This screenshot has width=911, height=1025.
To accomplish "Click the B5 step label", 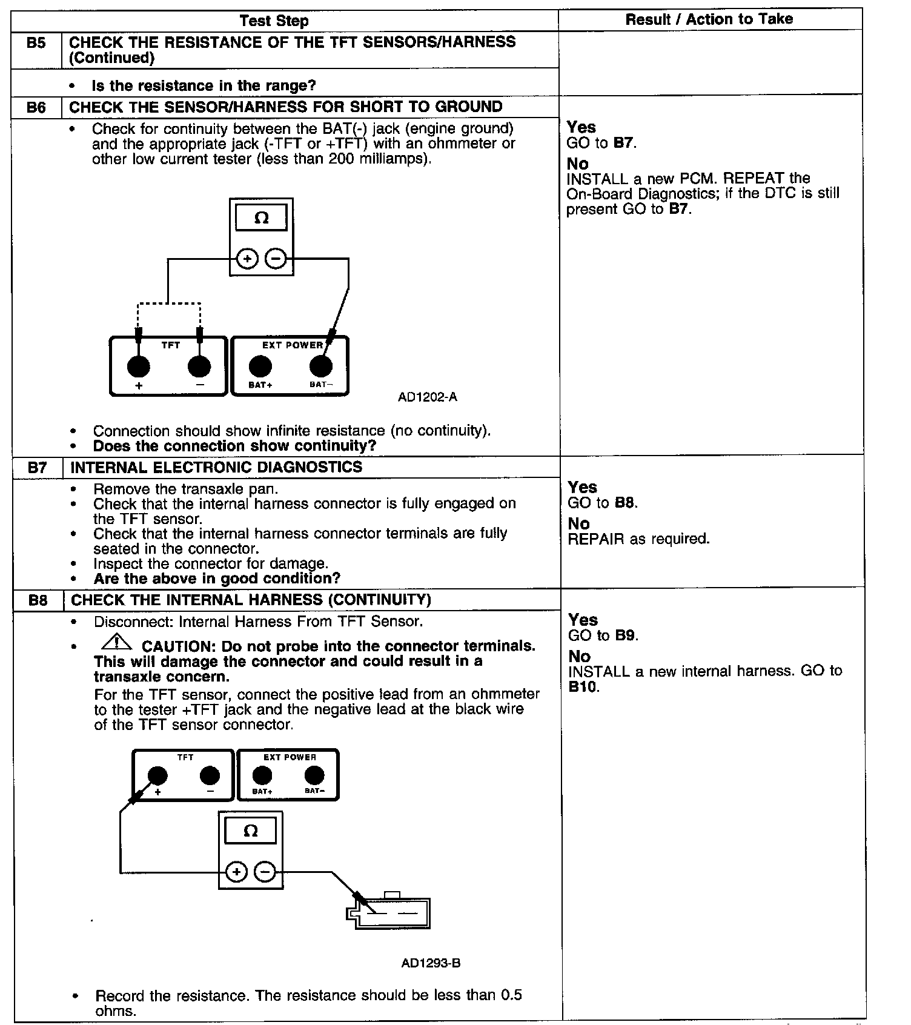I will point(36,43).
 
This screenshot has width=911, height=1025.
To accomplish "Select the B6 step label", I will point(36,107).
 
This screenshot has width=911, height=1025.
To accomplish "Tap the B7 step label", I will point(38,468).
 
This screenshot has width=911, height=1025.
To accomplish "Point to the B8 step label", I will point(38,600).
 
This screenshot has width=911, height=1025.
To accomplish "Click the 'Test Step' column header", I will point(274,21).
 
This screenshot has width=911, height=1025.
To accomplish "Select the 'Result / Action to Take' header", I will point(709,19).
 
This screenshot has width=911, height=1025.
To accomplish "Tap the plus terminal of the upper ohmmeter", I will point(247,259).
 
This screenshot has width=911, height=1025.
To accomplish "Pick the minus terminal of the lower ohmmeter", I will point(265,872).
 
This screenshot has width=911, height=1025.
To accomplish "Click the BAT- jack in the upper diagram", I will point(320,366).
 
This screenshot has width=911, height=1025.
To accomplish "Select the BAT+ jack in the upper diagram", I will point(260,366).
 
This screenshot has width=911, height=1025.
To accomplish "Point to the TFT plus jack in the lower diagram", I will point(157,775).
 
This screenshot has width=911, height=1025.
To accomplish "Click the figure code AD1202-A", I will point(427,397).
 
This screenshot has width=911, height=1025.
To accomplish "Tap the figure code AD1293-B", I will point(431,963).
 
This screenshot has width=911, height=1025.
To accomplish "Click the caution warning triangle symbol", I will point(117,641).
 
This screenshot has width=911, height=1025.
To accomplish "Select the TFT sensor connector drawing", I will point(388,912).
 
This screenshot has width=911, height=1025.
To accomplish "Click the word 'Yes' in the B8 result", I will point(583,620).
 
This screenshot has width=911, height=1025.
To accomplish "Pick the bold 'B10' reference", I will point(583,687).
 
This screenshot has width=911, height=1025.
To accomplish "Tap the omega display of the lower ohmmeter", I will point(250,831).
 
